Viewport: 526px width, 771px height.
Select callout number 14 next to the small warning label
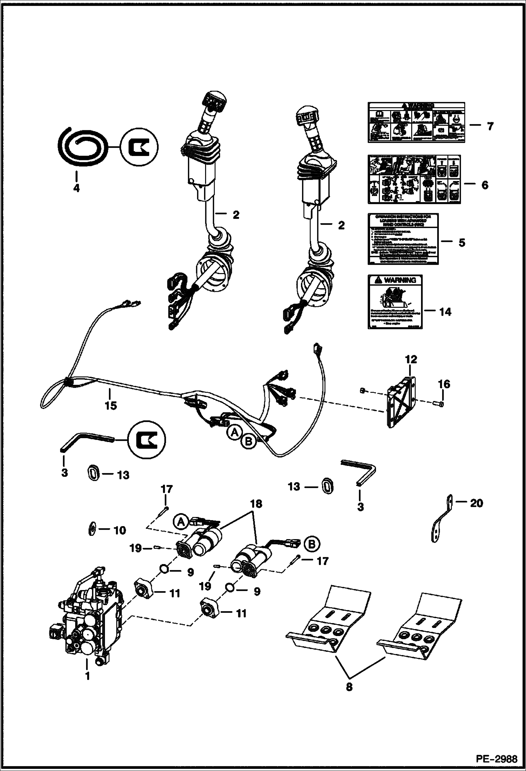(445, 311)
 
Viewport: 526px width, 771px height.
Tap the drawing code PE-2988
(496, 759)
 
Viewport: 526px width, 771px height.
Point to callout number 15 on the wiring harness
(111, 405)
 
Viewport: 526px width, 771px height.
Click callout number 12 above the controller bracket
(411, 359)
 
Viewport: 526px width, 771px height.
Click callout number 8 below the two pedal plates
(349, 687)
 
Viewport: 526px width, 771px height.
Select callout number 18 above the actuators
(256, 504)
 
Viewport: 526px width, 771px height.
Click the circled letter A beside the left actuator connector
(180, 522)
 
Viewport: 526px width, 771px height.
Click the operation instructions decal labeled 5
(403, 239)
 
